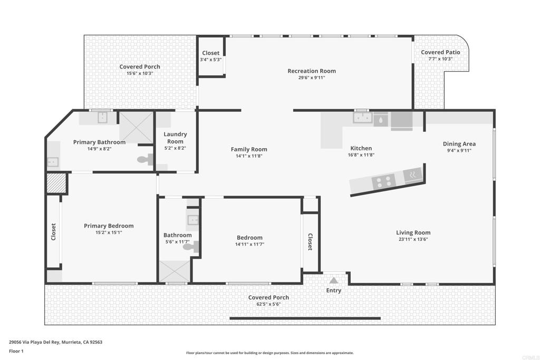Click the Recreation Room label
pos(311,71)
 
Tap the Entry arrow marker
pos(333,281)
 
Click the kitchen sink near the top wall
pos(362,118)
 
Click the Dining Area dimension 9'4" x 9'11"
pos(459,151)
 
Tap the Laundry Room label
pos(175,138)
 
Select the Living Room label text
pos(413,232)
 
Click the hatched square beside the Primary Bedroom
pos(56,183)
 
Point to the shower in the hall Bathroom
pos(173,271)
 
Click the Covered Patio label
pos(440,52)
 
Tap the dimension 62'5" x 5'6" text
pos(268,304)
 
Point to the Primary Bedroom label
pos(109,226)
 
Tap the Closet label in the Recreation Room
pos(210,53)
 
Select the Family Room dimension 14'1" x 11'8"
pos(249,156)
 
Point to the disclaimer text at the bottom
pos(269,353)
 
